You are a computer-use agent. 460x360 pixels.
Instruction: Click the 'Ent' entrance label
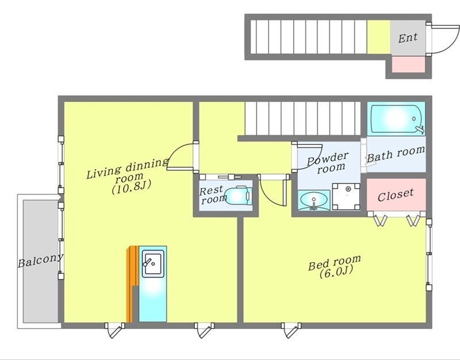(408, 37)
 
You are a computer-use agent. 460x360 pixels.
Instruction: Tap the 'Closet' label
(396, 195)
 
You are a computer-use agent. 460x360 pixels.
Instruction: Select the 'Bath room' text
(396, 154)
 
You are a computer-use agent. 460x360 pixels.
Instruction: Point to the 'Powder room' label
(328, 163)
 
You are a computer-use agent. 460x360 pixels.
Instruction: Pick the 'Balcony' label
(40, 261)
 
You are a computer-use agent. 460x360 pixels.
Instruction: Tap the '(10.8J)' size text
(131, 187)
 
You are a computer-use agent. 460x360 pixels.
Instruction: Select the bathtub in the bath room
(396, 119)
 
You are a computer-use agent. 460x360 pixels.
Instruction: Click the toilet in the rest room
(239, 195)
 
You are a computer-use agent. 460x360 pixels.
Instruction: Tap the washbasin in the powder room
(313, 200)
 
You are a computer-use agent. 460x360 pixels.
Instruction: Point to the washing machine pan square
(346, 197)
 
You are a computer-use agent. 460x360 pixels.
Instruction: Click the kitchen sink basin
(153, 263)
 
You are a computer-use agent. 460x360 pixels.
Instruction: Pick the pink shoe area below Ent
(408, 64)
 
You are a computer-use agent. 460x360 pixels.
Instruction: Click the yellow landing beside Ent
(378, 37)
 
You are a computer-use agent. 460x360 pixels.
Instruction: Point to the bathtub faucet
(420, 129)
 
